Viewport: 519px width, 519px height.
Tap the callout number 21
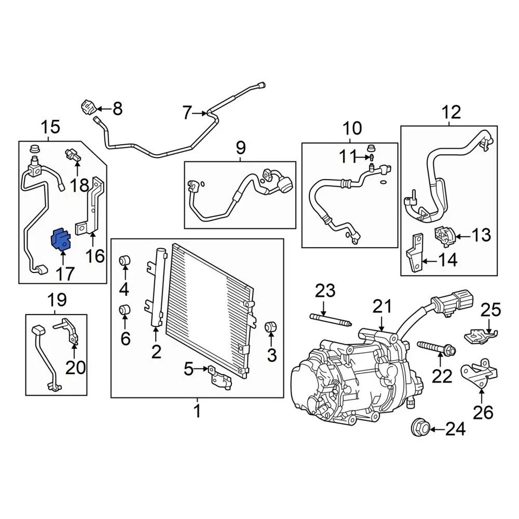tap(382, 307)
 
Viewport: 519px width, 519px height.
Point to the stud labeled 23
tap(329, 320)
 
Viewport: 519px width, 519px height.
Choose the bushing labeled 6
tap(124, 310)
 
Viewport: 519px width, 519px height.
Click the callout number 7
tap(187, 113)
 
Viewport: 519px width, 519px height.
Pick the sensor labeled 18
tap(74, 155)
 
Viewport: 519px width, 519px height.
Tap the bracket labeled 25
tap(478, 335)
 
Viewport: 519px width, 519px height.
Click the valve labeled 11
tap(372, 158)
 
